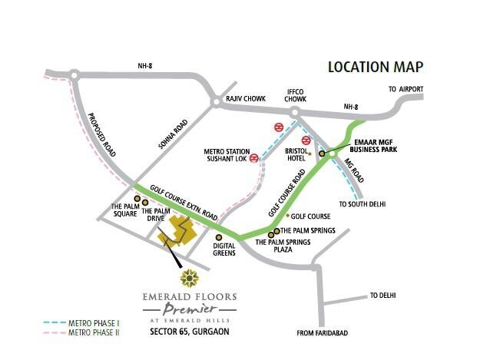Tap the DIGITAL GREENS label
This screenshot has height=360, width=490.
coord(224,249)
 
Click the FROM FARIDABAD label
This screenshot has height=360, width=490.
coord(323,333)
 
